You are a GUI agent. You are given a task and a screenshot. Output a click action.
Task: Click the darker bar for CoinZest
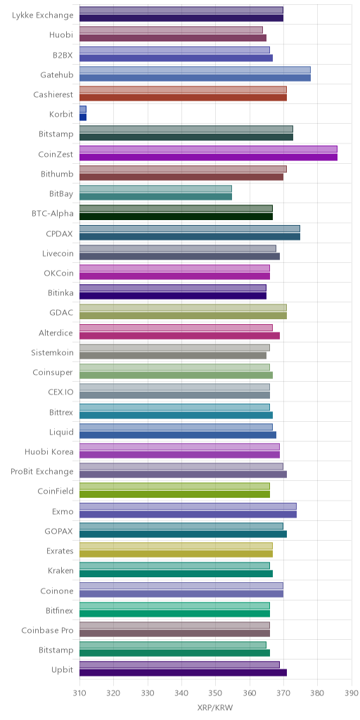(208, 157)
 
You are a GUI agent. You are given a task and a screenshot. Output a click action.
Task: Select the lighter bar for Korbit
(83, 109)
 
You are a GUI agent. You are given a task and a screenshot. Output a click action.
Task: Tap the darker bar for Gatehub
(195, 77)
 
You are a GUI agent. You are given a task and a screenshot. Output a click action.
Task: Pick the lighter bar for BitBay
(155, 188)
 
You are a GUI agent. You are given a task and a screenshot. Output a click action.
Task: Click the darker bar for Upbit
(184, 673)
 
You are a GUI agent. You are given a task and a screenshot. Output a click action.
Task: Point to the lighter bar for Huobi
(172, 30)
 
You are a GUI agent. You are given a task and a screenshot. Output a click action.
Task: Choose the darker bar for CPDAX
(190, 236)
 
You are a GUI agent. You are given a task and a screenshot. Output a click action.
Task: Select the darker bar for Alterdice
(179, 335)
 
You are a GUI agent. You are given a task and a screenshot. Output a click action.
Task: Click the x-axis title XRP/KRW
(215, 707)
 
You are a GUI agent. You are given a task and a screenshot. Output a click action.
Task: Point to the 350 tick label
(215, 693)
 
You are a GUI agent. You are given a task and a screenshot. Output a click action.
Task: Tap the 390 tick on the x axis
(352, 693)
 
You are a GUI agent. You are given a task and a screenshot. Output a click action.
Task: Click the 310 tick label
(79, 693)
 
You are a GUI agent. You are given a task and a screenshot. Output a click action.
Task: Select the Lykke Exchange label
(43, 15)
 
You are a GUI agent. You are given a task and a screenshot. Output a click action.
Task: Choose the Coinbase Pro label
(47, 630)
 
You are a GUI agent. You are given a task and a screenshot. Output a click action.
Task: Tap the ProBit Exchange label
(41, 472)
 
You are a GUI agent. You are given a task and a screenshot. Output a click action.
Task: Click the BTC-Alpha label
(53, 213)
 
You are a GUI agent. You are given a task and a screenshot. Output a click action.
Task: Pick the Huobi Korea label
(49, 452)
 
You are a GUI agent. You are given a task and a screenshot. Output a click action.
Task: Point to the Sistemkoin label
(52, 353)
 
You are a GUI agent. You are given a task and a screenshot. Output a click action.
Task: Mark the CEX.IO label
(60, 392)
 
